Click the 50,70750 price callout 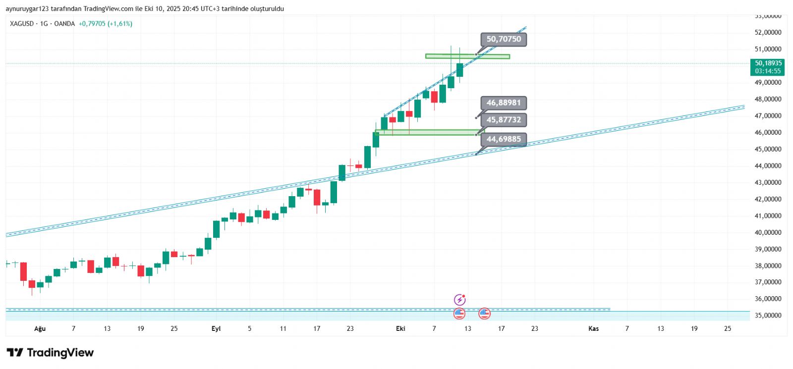pyautogui.click(x=504, y=39)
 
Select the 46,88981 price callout pyautogui.click(x=504, y=103)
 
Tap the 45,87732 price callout pyautogui.click(x=504, y=120)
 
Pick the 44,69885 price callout pyautogui.click(x=504, y=139)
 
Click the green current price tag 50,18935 pyautogui.click(x=768, y=67)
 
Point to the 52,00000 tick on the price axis pyautogui.click(x=768, y=33)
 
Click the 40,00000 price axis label pyautogui.click(x=768, y=233)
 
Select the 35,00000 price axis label pyautogui.click(x=768, y=316)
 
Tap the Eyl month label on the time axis pyautogui.click(x=216, y=329)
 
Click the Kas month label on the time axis pyautogui.click(x=593, y=329)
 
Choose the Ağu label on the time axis pyautogui.click(x=40, y=329)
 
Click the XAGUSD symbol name pyautogui.click(x=22, y=24)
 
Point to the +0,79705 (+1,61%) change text pyautogui.click(x=106, y=24)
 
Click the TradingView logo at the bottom pyautogui.click(x=50, y=353)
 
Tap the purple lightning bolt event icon pyautogui.click(x=460, y=300)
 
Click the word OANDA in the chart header pyautogui.click(x=64, y=24)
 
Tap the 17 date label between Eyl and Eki pyautogui.click(x=317, y=329)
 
